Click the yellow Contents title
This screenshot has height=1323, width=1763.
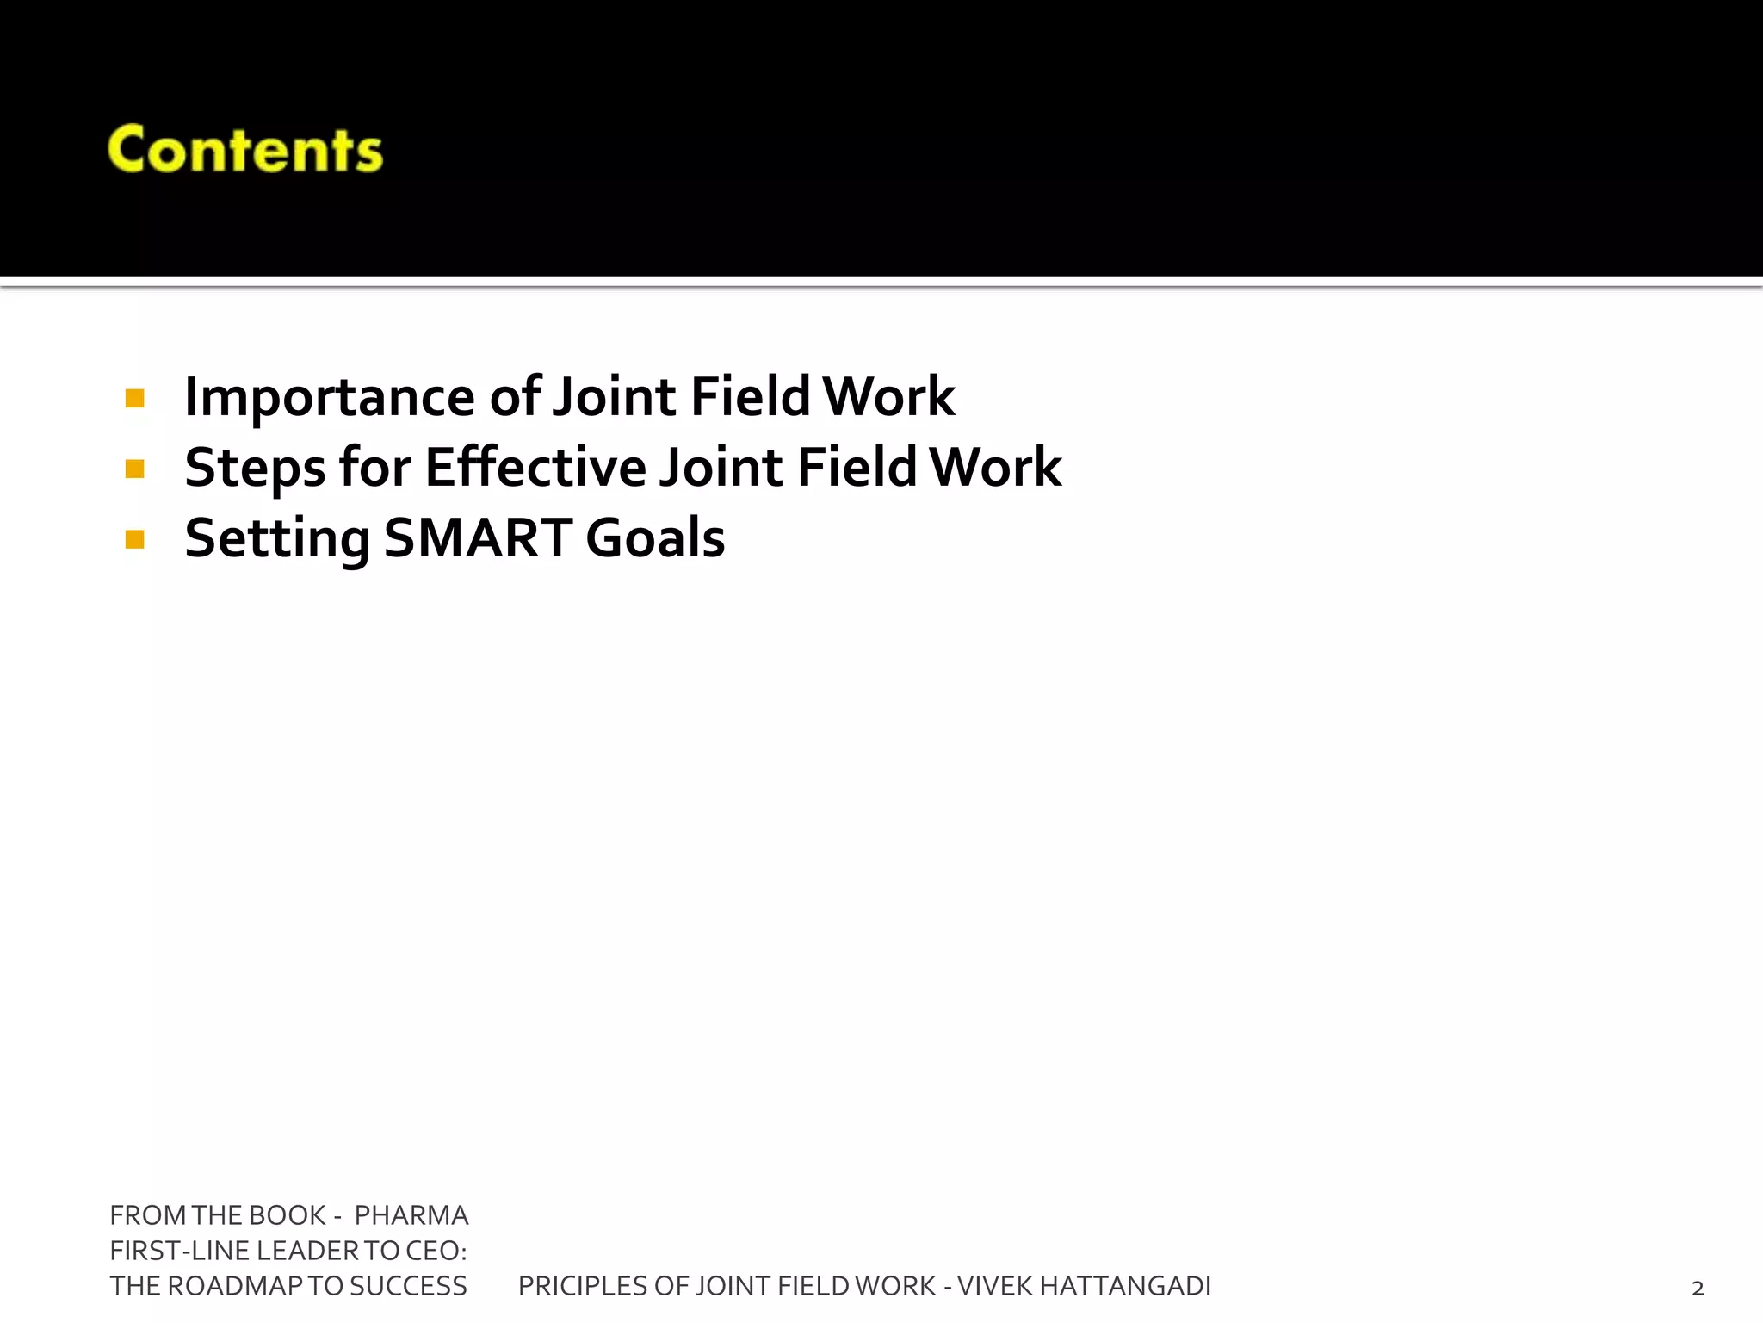245,150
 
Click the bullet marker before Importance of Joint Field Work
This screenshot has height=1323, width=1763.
134,398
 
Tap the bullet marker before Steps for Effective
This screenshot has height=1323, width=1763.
134,469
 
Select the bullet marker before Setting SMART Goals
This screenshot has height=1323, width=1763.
134,539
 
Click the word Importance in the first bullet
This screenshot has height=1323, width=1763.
329,398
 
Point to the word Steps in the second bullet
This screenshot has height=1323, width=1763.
255,469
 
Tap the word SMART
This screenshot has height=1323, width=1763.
478,538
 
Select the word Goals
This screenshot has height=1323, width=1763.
655,538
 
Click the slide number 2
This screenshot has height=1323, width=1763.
1698,1289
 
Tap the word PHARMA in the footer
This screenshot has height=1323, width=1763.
411,1215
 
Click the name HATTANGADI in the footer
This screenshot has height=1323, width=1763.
1125,1286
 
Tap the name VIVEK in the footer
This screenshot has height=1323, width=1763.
994,1286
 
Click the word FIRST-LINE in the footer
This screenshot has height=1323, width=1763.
180,1251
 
